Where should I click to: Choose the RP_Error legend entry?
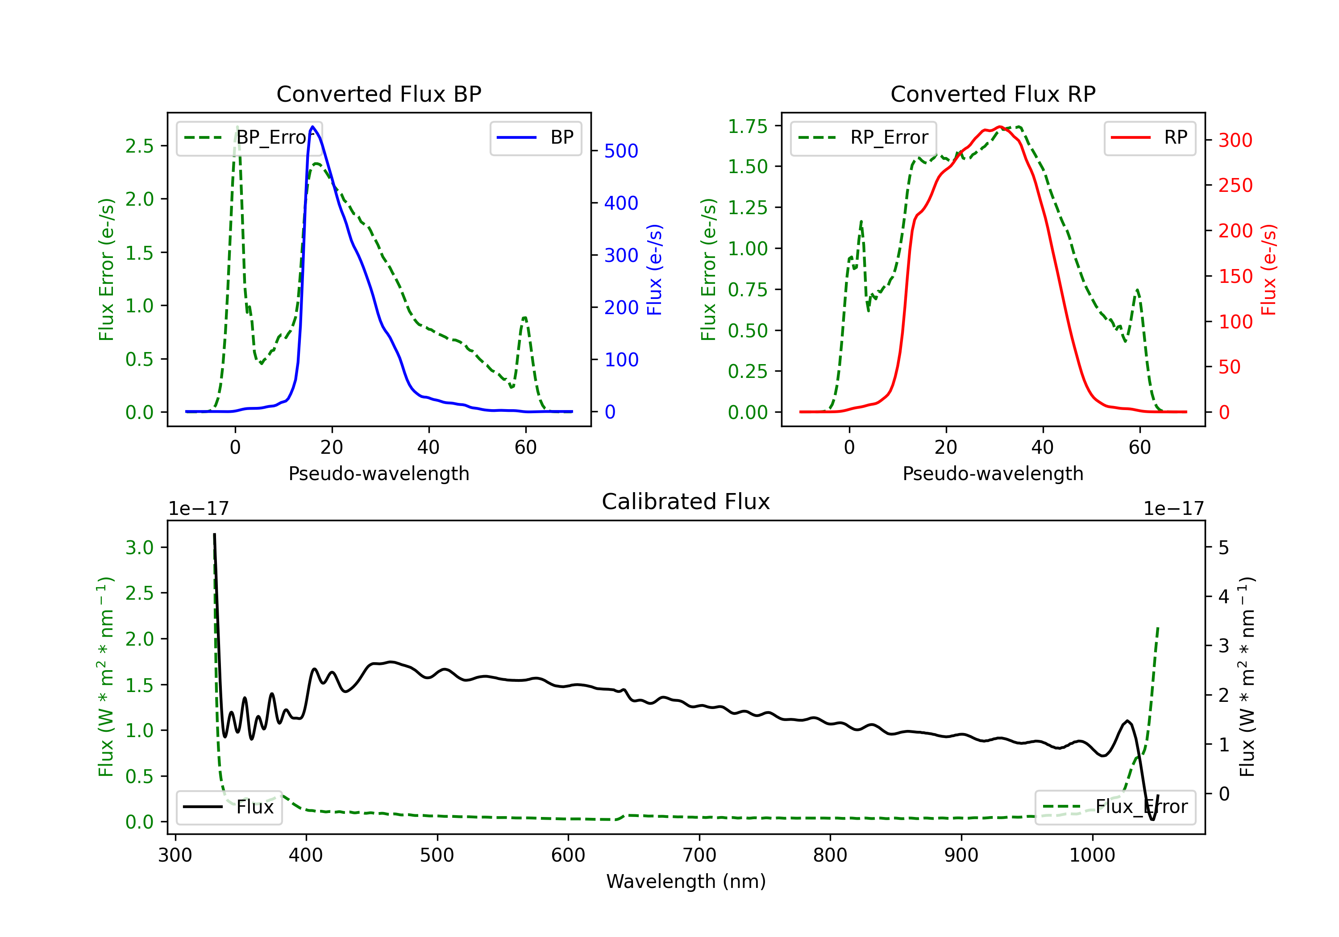point(863,137)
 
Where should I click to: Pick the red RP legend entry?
point(1149,137)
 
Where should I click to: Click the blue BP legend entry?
point(535,137)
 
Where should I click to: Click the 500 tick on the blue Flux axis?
point(621,151)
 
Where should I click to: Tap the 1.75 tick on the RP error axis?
point(747,126)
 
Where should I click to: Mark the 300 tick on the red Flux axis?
point(1235,140)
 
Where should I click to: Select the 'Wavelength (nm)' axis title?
point(686,881)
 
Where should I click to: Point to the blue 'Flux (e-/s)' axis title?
point(654,269)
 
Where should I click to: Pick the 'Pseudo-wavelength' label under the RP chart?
point(993,473)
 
